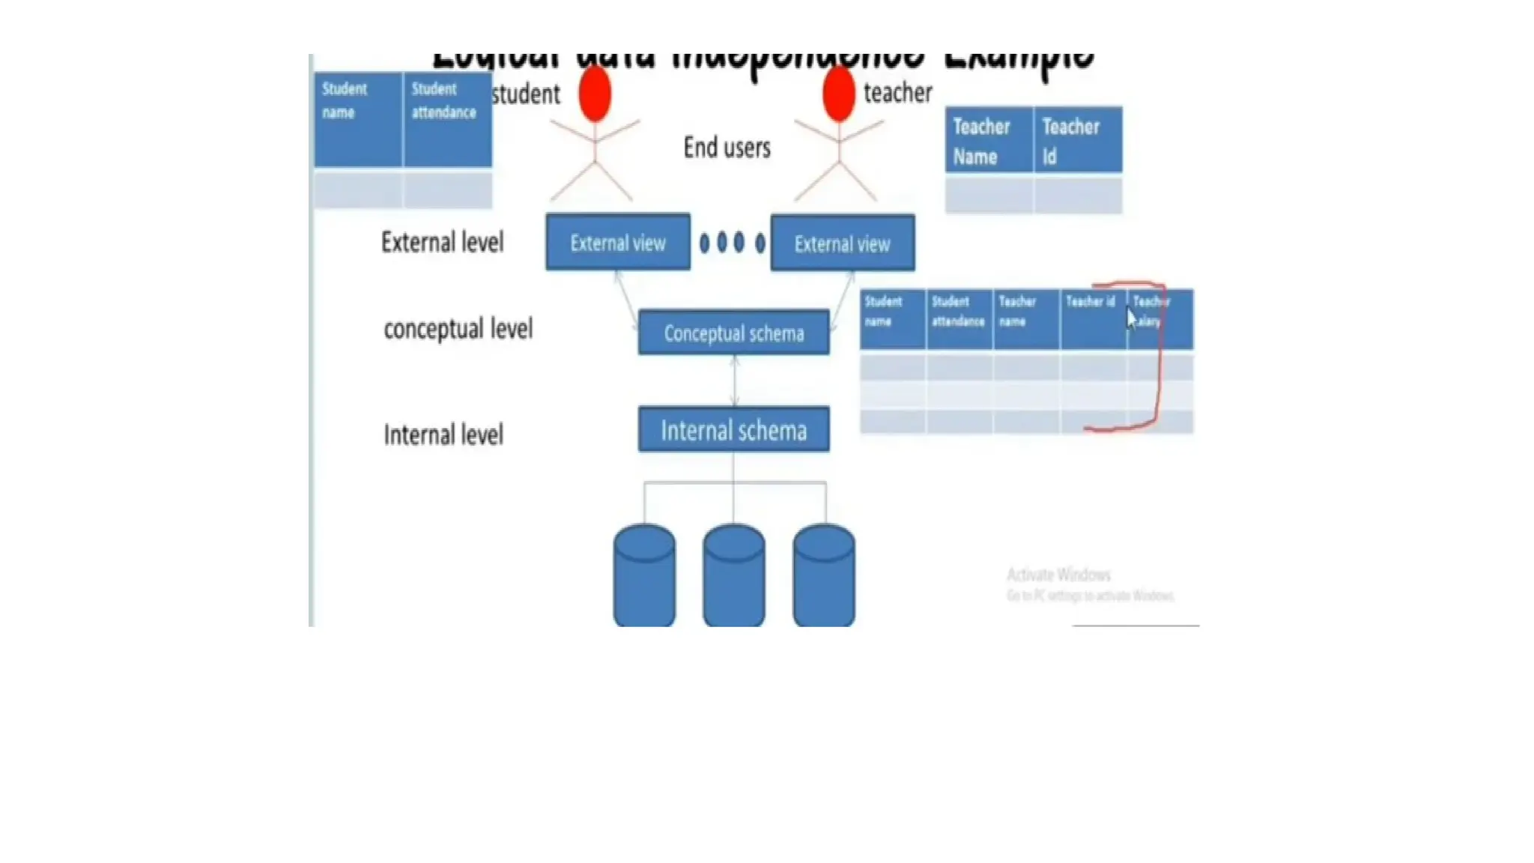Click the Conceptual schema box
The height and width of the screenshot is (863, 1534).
click(x=733, y=333)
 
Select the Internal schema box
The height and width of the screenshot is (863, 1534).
click(x=733, y=430)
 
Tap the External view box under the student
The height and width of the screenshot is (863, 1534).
click(x=618, y=243)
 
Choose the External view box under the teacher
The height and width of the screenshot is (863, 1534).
click(x=842, y=243)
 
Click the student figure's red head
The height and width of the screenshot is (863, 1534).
click(x=595, y=94)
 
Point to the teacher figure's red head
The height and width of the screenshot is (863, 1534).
click(x=839, y=94)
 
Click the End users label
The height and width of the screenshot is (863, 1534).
click(x=727, y=148)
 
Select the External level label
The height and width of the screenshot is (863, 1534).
click(x=443, y=243)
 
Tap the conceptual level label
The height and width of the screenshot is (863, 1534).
click(x=458, y=329)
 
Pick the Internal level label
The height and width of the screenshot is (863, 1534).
click(x=443, y=434)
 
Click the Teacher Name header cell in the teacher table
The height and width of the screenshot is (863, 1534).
click(x=989, y=141)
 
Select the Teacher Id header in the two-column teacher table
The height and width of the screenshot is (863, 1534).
click(x=1077, y=141)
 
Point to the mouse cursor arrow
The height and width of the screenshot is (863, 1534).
click(x=1131, y=318)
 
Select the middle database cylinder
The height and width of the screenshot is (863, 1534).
click(x=733, y=575)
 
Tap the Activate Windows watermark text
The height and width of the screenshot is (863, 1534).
click(x=1058, y=575)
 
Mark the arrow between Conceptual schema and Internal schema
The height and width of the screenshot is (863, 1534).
click(x=734, y=381)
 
